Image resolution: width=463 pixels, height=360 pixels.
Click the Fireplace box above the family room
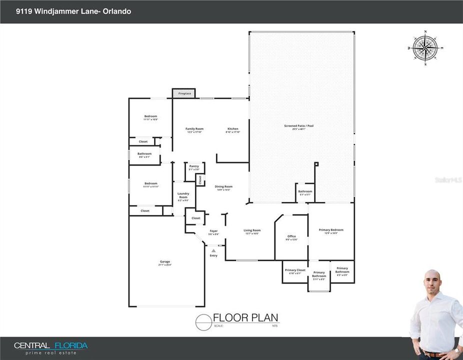pos(183,93)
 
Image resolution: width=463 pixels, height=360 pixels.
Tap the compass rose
pos(425,48)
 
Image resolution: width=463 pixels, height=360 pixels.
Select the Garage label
pos(165,262)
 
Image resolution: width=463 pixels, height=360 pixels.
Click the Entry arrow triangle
pos(213,250)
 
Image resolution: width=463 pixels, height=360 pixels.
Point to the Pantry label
pos(194,166)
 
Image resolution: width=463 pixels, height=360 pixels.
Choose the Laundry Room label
pos(183,195)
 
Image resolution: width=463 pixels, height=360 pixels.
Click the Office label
pos(292,236)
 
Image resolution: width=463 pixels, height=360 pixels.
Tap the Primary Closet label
pos(295,270)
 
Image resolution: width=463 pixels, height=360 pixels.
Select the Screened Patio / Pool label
pos(302,126)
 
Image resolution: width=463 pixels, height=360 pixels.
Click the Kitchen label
pos(233,129)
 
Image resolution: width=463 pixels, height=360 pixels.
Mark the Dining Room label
pos(224,187)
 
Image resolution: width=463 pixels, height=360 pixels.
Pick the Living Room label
pos(252,230)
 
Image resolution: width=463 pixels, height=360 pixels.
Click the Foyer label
pos(213,231)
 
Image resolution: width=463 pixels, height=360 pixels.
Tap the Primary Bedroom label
pos(331,230)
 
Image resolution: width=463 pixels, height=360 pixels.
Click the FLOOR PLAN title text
pos(245,317)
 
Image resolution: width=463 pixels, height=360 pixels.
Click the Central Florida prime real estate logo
pos(50,348)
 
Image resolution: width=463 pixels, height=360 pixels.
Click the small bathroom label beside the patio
pos(305,191)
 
